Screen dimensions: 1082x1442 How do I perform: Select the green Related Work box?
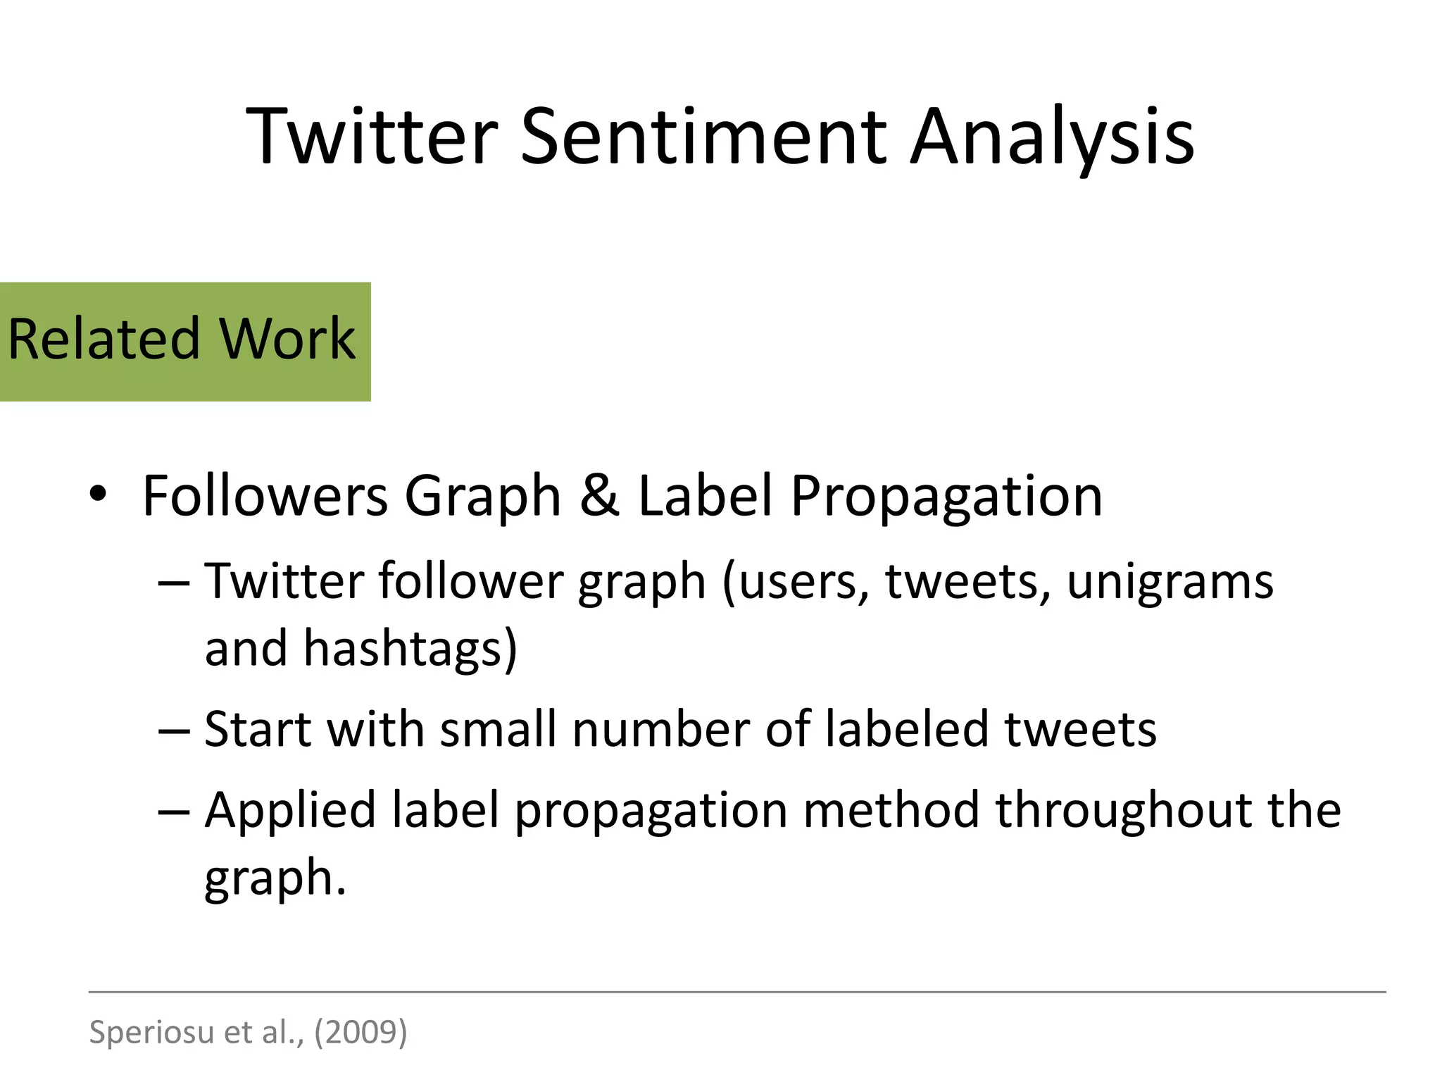tap(184, 342)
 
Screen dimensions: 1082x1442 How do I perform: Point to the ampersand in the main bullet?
tap(599, 495)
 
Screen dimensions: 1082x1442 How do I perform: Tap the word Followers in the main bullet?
tap(265, 495)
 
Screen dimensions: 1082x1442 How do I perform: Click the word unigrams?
tap(1170, 583)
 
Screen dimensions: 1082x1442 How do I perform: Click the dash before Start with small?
tap(174, 730)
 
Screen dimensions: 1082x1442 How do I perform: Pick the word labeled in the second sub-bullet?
tap(907, 729)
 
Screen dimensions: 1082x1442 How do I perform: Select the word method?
tap(891, 810)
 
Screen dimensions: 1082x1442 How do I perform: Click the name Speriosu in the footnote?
tap(151, 1032)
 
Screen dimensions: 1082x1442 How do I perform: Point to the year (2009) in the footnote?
tap(360, 1032)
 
